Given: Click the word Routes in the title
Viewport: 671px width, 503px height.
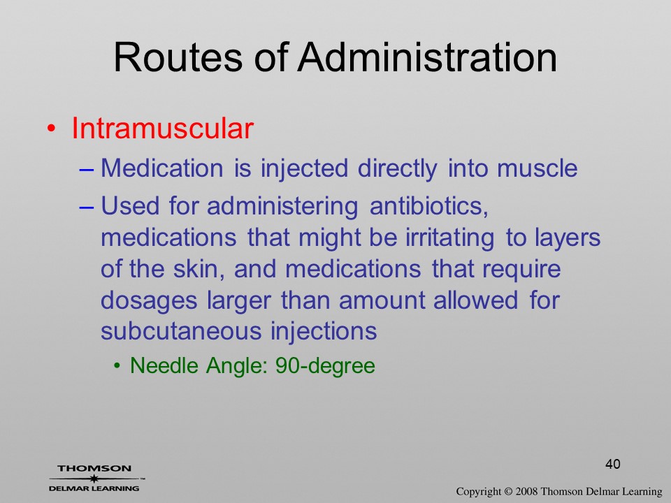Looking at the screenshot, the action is [178, 57].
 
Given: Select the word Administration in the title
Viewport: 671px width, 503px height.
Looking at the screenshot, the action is [428, 57].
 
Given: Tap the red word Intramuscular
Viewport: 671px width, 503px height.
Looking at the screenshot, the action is [163, 128].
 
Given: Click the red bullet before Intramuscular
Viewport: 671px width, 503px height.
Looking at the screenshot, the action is [51, 129].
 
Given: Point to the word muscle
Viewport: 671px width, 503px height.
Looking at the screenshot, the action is [537, 168].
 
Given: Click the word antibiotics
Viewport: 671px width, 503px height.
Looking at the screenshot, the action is [428, 205].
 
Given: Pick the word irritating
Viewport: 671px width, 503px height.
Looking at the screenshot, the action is [449, 238].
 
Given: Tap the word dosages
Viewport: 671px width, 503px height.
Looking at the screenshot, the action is [149, 301].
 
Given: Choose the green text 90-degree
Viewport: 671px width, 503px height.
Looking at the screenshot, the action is [325, 365].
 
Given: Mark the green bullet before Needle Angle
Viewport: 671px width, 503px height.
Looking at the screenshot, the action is [117, 366].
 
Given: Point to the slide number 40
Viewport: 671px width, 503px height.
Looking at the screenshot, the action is [613, 464].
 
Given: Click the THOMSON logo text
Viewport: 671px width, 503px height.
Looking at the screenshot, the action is [94, 469].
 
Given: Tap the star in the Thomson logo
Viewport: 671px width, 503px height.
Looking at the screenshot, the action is [94, 479].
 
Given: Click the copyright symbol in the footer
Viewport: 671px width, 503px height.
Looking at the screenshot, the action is [508, 491].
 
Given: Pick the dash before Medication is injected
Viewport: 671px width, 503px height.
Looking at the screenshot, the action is [87, 169].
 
